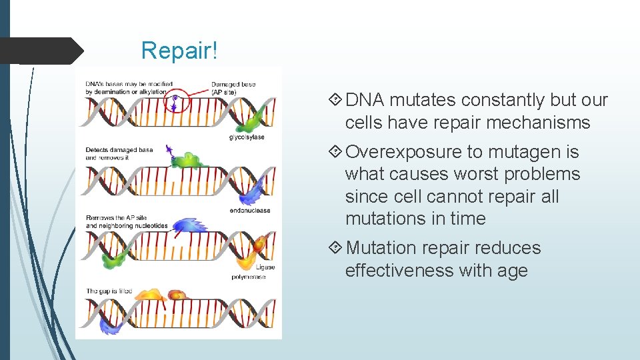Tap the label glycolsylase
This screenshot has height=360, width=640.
pyautogui.click(x=246, y=138)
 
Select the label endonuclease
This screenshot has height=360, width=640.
pyautogui.click(x=249, y=211)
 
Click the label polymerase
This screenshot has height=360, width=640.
pyautogui.click(x=249, y=276)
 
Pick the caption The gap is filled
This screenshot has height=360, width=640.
pyautogui.click(x=109, y=291)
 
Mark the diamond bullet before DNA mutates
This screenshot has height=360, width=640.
pyautogui.click(x=337, y=100)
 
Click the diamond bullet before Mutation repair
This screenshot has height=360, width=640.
pyautogui.click(x=337, y=248)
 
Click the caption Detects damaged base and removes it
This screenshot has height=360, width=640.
pyautogui.click(x=110, y=154)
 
